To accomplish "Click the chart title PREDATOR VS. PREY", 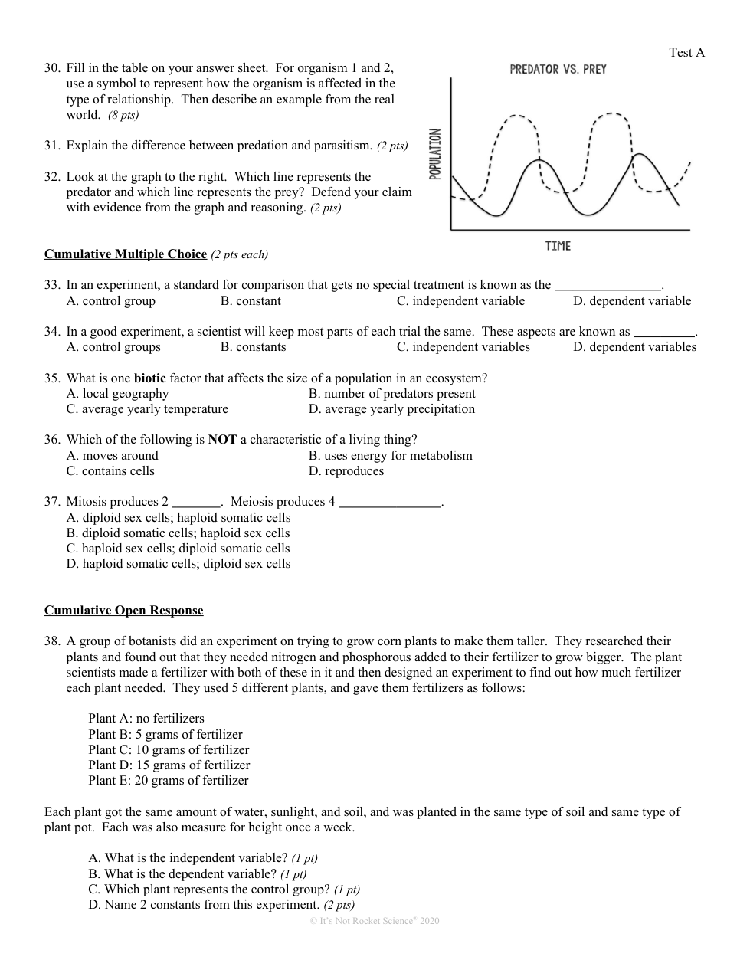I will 558,70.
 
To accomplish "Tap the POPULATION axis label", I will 435,154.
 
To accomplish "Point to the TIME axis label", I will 558,246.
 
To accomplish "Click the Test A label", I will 686,52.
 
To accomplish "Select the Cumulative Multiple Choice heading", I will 126,254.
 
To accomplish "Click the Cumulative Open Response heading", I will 124,611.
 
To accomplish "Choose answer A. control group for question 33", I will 111,301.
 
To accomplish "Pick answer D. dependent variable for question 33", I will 632,301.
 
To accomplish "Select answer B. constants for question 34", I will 253,347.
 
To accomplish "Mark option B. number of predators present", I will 392,394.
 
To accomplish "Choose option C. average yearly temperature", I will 147,409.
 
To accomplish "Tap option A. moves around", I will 113,456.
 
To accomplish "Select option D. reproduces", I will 346,471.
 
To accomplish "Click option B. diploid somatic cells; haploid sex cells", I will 178,533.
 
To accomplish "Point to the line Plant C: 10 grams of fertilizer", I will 169,750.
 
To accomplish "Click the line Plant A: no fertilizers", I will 146,719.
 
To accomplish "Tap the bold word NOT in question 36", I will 222,440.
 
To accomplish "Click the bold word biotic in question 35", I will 149,378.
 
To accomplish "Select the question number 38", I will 52,641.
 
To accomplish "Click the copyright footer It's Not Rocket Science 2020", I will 375,921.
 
